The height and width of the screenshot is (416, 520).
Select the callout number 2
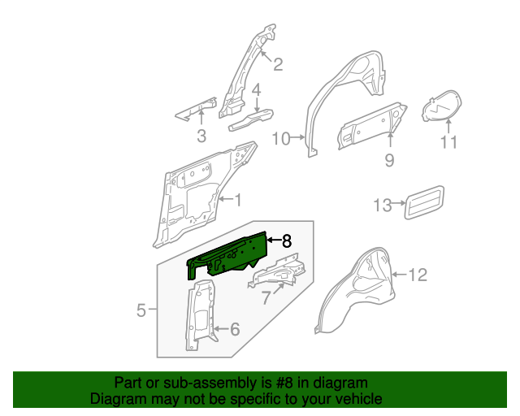point(277,65)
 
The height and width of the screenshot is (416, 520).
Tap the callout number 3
point(201,136)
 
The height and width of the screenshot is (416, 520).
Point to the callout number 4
point(255,90)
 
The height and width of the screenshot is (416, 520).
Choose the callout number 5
point(141,310)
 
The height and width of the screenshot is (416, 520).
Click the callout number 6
point(234,329)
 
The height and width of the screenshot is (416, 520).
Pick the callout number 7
point(265,299)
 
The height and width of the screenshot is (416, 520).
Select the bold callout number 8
point(285,240)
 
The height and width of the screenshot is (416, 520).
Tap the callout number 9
point(389,161)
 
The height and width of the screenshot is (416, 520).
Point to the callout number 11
point(449,143)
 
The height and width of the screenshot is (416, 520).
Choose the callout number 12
point(416,275)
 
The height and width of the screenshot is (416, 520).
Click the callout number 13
point(383,205)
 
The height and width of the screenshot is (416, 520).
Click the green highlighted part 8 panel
point(227,253)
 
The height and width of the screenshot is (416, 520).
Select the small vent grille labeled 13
point(424,201)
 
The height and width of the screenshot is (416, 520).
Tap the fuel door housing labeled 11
point(441,107)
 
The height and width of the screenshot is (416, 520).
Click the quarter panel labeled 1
point(195,195)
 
